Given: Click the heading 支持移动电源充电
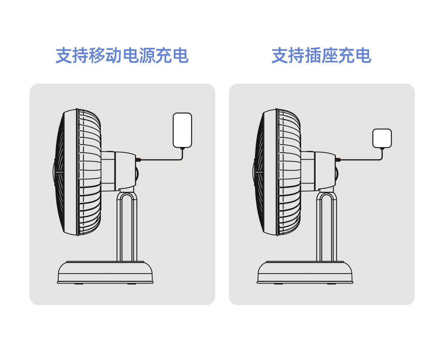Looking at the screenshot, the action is pos(122,56).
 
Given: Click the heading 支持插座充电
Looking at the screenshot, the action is pos(321,56).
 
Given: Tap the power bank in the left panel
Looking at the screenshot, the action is pos(182,130).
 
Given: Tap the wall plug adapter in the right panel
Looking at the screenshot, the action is pos(382,138).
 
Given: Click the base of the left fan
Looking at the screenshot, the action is pos(105,273).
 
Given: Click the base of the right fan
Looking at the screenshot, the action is pos(305,273).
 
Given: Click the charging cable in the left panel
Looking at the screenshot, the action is pos(162,160).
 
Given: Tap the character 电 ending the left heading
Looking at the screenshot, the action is pos(180,56).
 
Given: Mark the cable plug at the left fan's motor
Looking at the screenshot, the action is pos(138,160).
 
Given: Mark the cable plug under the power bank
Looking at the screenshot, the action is pos(182,149).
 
